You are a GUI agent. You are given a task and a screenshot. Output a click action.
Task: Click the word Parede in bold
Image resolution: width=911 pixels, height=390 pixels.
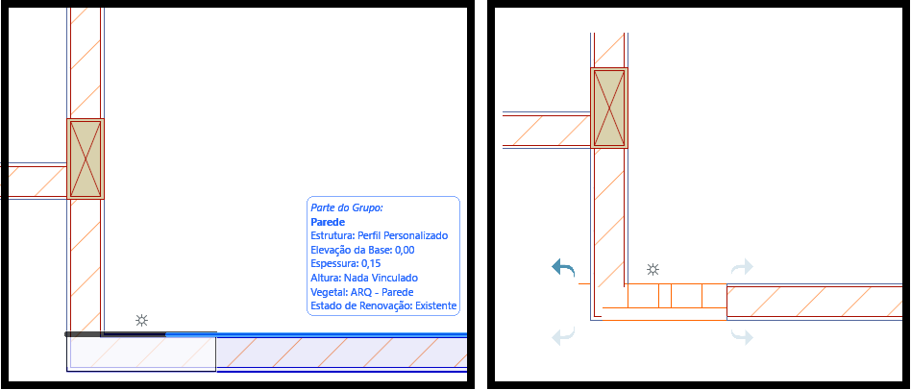[328, 222]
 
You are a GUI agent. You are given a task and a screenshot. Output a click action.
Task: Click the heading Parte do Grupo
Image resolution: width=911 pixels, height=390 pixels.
[347, 207]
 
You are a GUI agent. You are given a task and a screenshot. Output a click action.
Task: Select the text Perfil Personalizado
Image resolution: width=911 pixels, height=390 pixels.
[403, 235]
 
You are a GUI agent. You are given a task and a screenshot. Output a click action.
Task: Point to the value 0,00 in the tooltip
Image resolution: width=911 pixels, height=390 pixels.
[405, 250]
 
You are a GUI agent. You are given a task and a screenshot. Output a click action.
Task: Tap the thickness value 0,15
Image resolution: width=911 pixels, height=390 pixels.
[371, 264]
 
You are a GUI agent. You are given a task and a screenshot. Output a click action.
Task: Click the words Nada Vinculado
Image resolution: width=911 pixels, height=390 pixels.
[381, 278]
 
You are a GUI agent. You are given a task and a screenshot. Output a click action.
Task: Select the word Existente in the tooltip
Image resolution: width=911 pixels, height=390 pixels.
[434, 305]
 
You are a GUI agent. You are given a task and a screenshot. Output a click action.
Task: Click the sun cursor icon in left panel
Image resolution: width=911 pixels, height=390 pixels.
[141, 321]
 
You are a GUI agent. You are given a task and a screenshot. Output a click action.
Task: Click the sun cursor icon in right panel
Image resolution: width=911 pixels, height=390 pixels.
[653, 269]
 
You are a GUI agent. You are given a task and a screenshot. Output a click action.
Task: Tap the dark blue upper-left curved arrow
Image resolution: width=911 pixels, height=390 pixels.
[563, 268]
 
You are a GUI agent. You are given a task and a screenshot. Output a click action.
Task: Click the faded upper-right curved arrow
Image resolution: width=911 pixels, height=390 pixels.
[742, 266]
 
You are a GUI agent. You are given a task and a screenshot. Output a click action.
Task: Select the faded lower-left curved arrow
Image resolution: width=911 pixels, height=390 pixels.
[563, 336]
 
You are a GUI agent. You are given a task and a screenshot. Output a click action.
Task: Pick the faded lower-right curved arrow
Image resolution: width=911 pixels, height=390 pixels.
[742, 336]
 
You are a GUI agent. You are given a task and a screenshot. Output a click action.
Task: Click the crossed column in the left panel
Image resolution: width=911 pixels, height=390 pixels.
[86, 159]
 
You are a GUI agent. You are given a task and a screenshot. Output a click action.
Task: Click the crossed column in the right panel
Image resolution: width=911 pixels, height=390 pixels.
[609, 108]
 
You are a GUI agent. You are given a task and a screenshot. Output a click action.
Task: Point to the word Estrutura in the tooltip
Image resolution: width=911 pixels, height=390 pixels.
[332, 235]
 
